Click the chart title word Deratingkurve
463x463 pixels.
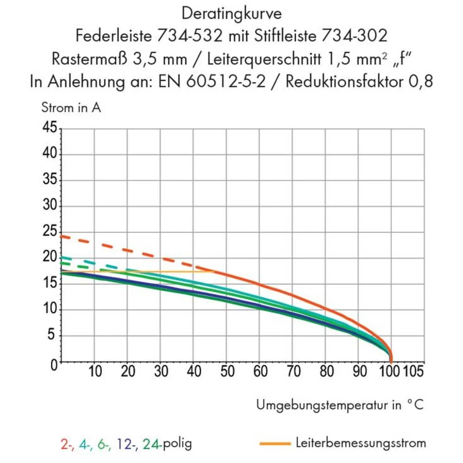(x=231, y=13)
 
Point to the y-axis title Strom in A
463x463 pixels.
(x=71, y=108)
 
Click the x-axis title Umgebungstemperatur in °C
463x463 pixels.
(x=339, y=405)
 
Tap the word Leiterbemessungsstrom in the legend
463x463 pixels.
(x=361, y=443)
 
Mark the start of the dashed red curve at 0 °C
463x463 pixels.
(x=62, y=236)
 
